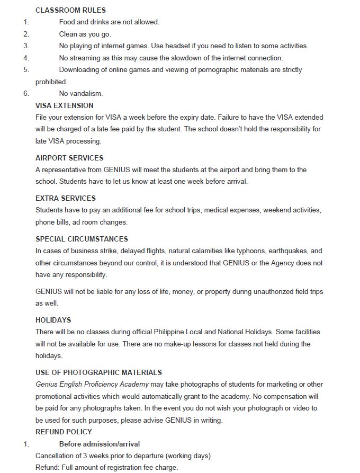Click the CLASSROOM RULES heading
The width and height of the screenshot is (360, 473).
tap(70, 10)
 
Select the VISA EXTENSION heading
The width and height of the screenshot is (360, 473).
tap(64, 105)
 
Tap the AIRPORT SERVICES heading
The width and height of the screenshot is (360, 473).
tap(69, 158)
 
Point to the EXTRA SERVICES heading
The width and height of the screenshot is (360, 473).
tap(66, 198)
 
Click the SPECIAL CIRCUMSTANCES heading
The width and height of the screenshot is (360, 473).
tap(82, 239)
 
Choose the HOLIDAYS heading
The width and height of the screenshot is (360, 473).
tap(53, 320)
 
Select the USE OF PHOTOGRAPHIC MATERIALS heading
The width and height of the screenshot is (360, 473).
tap(98, 372)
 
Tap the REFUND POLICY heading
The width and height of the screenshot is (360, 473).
tap(64, 432)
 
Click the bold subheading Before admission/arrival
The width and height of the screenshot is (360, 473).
tap(100, 444)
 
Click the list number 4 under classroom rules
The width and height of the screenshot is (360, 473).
tap(26, 58)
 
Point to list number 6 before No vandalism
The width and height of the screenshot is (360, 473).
tap(26, 94)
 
